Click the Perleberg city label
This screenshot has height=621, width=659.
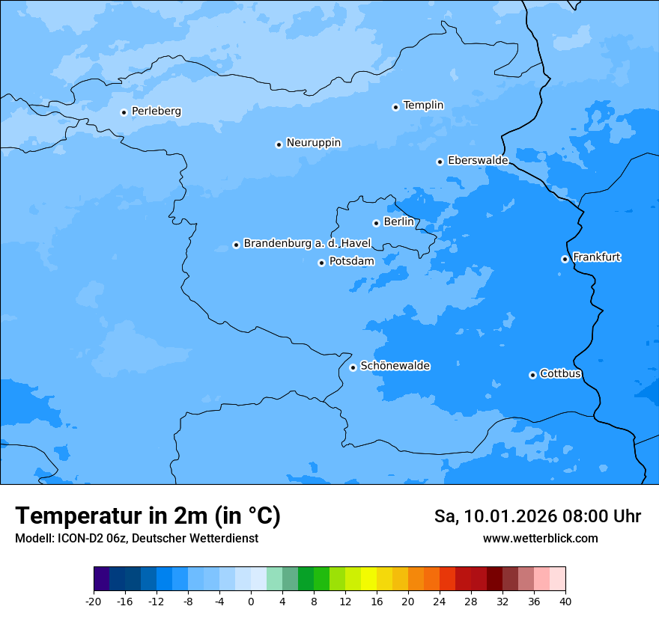point(156,111)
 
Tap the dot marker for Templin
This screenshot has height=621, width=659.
point(395,107)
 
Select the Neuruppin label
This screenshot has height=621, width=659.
point(313,143)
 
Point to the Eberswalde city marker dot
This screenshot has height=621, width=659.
point(440,162)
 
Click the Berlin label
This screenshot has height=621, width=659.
point(398,222)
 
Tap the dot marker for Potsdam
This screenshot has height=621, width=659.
point(321,263)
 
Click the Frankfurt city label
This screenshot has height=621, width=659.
point(596,257)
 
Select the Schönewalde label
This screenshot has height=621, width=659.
point(395,366)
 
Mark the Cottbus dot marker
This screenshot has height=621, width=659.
point(532,375)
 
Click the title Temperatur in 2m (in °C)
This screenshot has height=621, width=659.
point(148,516)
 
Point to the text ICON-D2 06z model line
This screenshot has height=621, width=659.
point(136,539)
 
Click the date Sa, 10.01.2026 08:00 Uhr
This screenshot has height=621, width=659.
point(538,516)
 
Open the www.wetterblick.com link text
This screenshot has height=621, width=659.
point(540,539)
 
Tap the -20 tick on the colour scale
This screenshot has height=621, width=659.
point(94,602)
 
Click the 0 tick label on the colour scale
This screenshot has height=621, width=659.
point(251,602)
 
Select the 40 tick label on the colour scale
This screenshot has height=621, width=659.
point(565,602)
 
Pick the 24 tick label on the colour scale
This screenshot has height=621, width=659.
point(440,602)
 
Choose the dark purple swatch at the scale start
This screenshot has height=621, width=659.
point(101,579)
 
